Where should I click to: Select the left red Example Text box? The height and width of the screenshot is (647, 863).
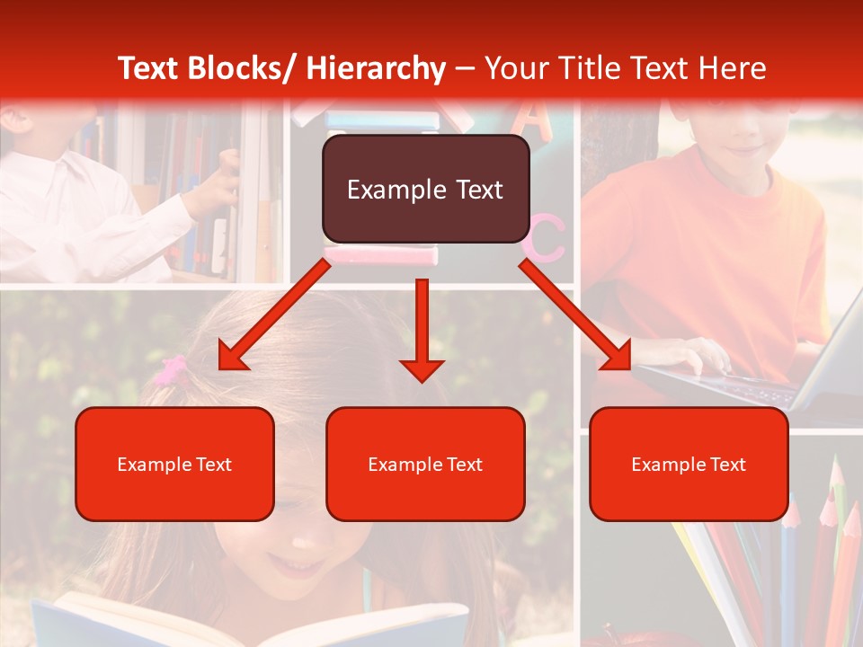pyautogui.click(x=174, y=464)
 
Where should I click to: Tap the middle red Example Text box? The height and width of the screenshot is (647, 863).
pyautogui.click(x=425, y=464)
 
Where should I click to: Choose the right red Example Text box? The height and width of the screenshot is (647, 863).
pyautogui.click(x=689, y=464)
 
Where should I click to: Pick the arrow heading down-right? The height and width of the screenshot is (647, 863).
pyautogui.click(x=575, y=315)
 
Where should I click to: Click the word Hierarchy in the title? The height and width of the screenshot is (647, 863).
pyautogui.click(x=376, y=68)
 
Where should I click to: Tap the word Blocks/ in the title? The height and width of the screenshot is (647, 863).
pyautogui.click(x=242, y=68)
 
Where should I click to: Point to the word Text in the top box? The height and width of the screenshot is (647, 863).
pyautogui.click(x=477, y=190)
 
